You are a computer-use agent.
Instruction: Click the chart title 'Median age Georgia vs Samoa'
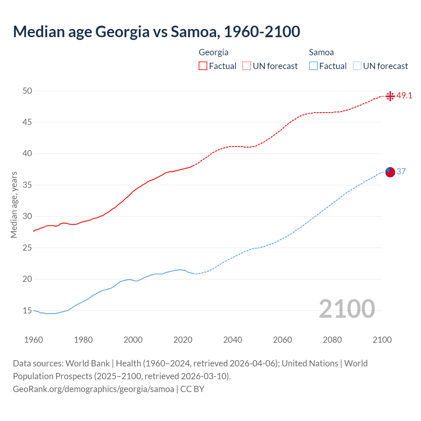click(x=156, y=32)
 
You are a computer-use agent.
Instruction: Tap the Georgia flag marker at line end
click(x=390, y=96)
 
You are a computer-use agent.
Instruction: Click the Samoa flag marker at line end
click(x=390, y=172)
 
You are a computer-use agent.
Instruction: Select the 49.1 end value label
click(x=404, y=96)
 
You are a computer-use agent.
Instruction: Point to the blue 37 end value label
click(x=401, y=171)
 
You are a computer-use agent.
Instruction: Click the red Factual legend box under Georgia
click(x=203, y=66)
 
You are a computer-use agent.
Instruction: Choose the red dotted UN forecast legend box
click(x=247, y=66)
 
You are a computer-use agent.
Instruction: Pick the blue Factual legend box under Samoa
click(x=313, y=66)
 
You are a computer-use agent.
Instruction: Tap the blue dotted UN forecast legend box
click(x=357, y=66)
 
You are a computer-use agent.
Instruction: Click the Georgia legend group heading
click(x=213, y=52)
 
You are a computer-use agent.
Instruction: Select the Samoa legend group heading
click(x=321, y=52)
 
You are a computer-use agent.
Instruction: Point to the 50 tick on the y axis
click(x=27, y=91)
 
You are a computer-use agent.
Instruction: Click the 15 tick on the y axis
click(x=27, y=310)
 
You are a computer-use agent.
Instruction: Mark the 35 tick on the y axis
click(x=27, y=185)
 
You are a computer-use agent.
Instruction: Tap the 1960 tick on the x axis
click(x=34, y=340)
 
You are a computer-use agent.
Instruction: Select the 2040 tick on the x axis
click(x=233, y=340)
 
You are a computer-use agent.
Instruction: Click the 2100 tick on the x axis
click(x=382, y=340)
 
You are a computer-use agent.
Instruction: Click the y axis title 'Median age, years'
click(x=14, y=205)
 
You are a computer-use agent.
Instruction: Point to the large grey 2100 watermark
click(x=347, y=309)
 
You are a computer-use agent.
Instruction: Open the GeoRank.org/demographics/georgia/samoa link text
click(x=93, y=389)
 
